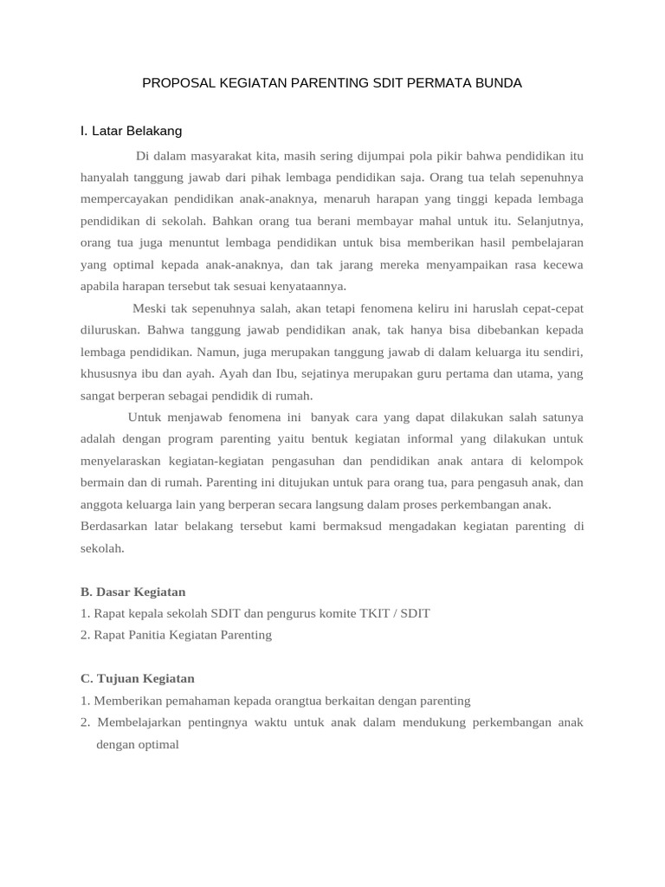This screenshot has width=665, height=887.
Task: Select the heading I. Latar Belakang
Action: coord(131,131)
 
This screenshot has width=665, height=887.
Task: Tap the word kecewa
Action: coord(563,264)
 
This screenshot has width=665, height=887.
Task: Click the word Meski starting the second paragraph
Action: coord(148,308)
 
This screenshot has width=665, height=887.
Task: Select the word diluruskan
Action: coord(110,329)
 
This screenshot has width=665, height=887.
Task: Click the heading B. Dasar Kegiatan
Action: coord(133,592)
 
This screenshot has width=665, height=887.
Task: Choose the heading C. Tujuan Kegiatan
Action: coord(138,678)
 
